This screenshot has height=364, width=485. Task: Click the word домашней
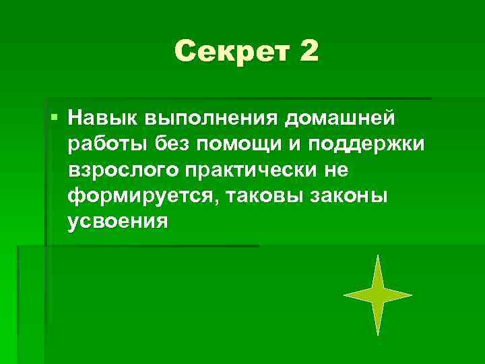click(342, 119)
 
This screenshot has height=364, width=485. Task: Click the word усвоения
click(117, 222)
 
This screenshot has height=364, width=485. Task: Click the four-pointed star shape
click(378, 295)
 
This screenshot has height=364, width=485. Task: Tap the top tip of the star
click(379, 256)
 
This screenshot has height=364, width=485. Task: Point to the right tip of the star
click(411, 295)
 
